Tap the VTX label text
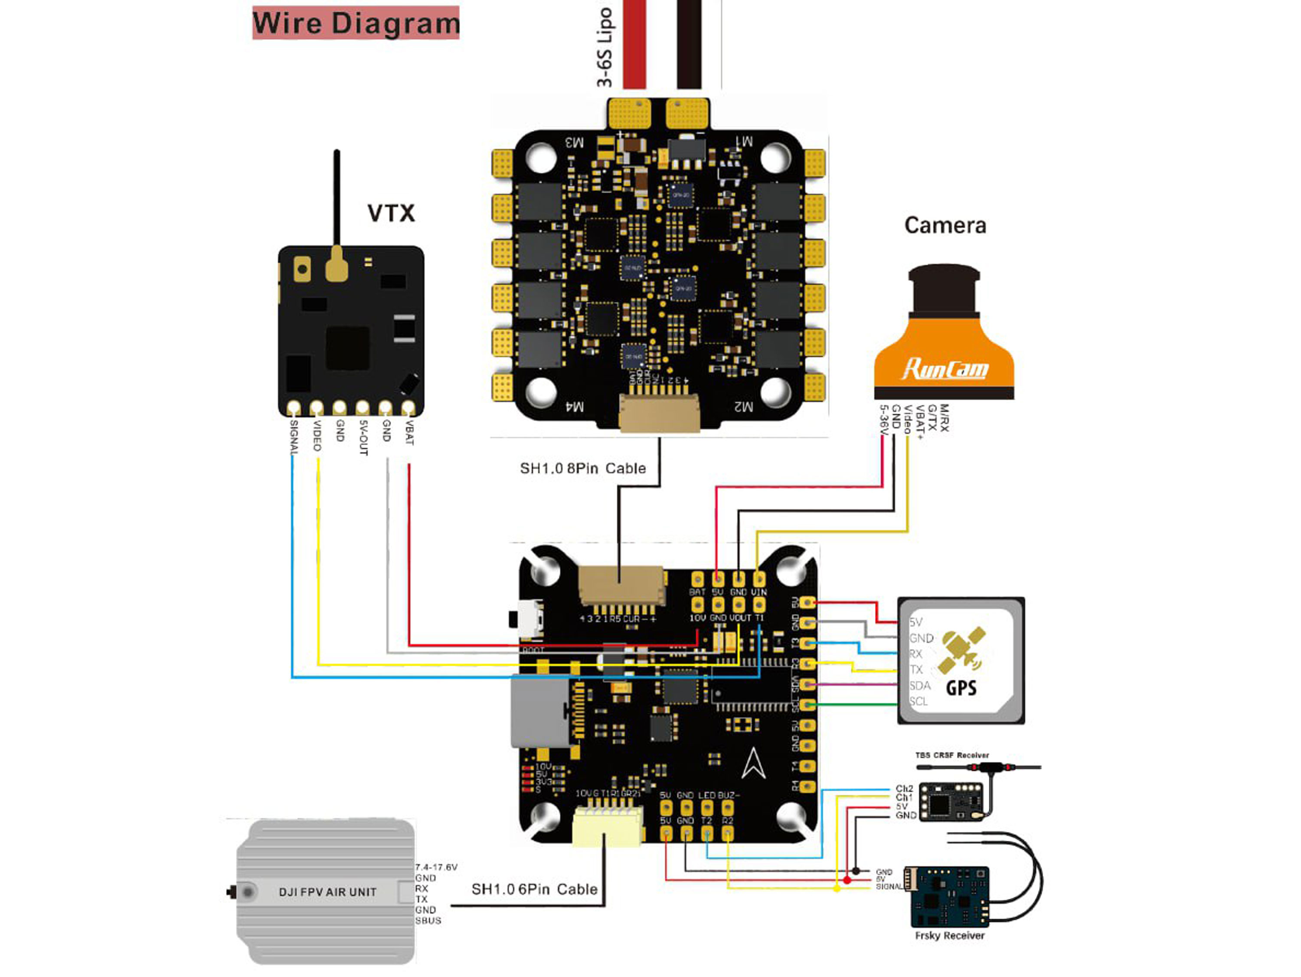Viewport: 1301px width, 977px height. [x=391, y=213]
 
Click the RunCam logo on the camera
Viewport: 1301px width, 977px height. [x=945, y=368]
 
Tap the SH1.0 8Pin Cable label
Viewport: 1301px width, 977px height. [x=582, y=468]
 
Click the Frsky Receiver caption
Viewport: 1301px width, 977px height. [x=949, y=936]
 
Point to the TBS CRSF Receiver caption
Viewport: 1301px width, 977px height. [x=951, y=755]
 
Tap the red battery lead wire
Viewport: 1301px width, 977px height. [x=634, y=44]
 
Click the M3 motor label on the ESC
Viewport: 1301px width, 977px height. [x=574, y=142]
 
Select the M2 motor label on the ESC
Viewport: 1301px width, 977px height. [x=743, y=407]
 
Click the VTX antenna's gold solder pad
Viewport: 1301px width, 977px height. [x=337, y=266]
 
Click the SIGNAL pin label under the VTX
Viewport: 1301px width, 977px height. [x=294, y=437]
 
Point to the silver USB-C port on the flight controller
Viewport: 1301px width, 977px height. [x=539, y=711]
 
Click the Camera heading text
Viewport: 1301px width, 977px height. [x=945, y=225]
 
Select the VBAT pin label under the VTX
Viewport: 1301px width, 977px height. [x=409, y=433]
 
